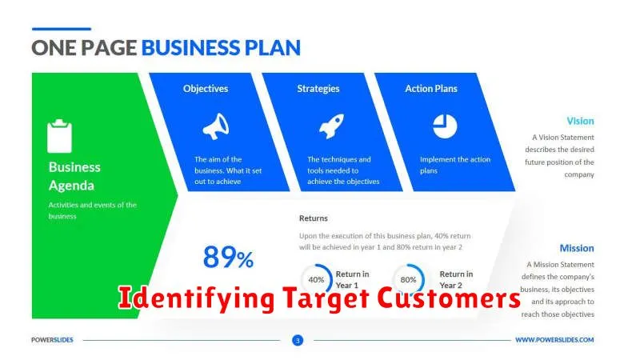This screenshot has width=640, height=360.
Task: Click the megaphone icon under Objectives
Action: [x=216, y=126]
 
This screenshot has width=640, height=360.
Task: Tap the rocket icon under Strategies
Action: [x=331, y=126]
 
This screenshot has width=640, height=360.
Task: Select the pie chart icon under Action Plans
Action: [x=445, y=126]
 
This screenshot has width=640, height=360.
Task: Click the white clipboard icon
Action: [x=59, y=136]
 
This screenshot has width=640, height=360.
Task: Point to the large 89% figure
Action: [x=228, y=257]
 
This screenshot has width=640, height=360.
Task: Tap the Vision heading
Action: [x=580, y=121]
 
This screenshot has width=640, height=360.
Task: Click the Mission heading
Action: [x=577, y=248]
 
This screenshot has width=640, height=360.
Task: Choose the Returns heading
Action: [x=314, y=218]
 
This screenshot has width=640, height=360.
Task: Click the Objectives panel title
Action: [x=206, y=89]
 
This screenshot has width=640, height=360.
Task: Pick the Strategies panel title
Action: [x=318, y=89]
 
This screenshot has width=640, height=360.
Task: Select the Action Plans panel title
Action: [x=431, y=89]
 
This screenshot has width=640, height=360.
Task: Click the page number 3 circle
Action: [x=298, y=340]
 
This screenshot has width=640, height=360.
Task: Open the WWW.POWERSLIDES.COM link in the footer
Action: [x=554, y=339]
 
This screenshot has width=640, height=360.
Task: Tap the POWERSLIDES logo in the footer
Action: [x=52, y=339]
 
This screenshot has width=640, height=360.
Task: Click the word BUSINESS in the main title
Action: [x=190, y=48]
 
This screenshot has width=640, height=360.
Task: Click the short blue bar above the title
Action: [x=62, y=29]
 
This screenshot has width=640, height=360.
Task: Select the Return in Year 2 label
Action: [x=456, y=279]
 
